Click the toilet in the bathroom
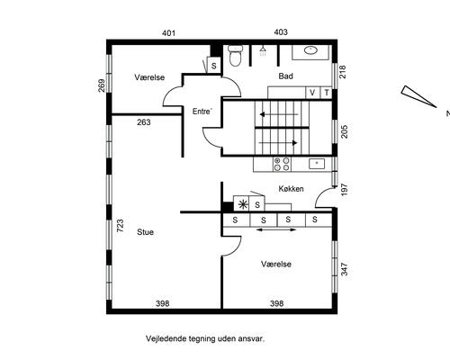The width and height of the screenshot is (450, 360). pyautogui.click(x=235, y=56)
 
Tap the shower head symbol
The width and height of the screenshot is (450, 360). pyautogui.click(x=263, y=50)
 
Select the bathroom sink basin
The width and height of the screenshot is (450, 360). pyautogui.click(x=311, y=50)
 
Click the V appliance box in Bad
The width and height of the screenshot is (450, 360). pyautogui.click(x=312, y=93)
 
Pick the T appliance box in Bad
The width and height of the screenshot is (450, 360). pyautogui.click(x=327, y=93)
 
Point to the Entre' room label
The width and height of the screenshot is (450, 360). pyautogui.click(x=202, y=112)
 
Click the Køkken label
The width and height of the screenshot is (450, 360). pyautogui.click(x=291, y=189)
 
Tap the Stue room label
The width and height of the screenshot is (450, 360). pyautogui.click(x=146, y=232)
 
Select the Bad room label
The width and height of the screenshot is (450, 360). pyautogui.click(x=285, y=76)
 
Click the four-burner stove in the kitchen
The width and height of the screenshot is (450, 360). pyautogui.click(x=282, y=164)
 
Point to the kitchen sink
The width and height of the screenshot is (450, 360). pyautogui.click(x=317, y=164)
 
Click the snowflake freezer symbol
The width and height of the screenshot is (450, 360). pyautogui.click(x=242, y=204)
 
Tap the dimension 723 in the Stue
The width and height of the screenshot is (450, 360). pyautogui.click(x=120, y=226)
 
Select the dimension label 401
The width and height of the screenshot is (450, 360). pyautogui.click(x=168, y=33)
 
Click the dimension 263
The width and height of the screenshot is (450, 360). pyautogui.click(x=144, y=122)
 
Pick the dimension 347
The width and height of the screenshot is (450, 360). pyautogui.click(x=345, y=269)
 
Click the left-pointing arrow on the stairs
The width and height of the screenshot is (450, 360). pyautogui.click(x=279, y=114)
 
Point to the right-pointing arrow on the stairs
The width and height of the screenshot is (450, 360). pyautogui.click(x=278, y=143)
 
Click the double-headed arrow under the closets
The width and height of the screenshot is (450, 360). pyautogui.click(x=276, y=229)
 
